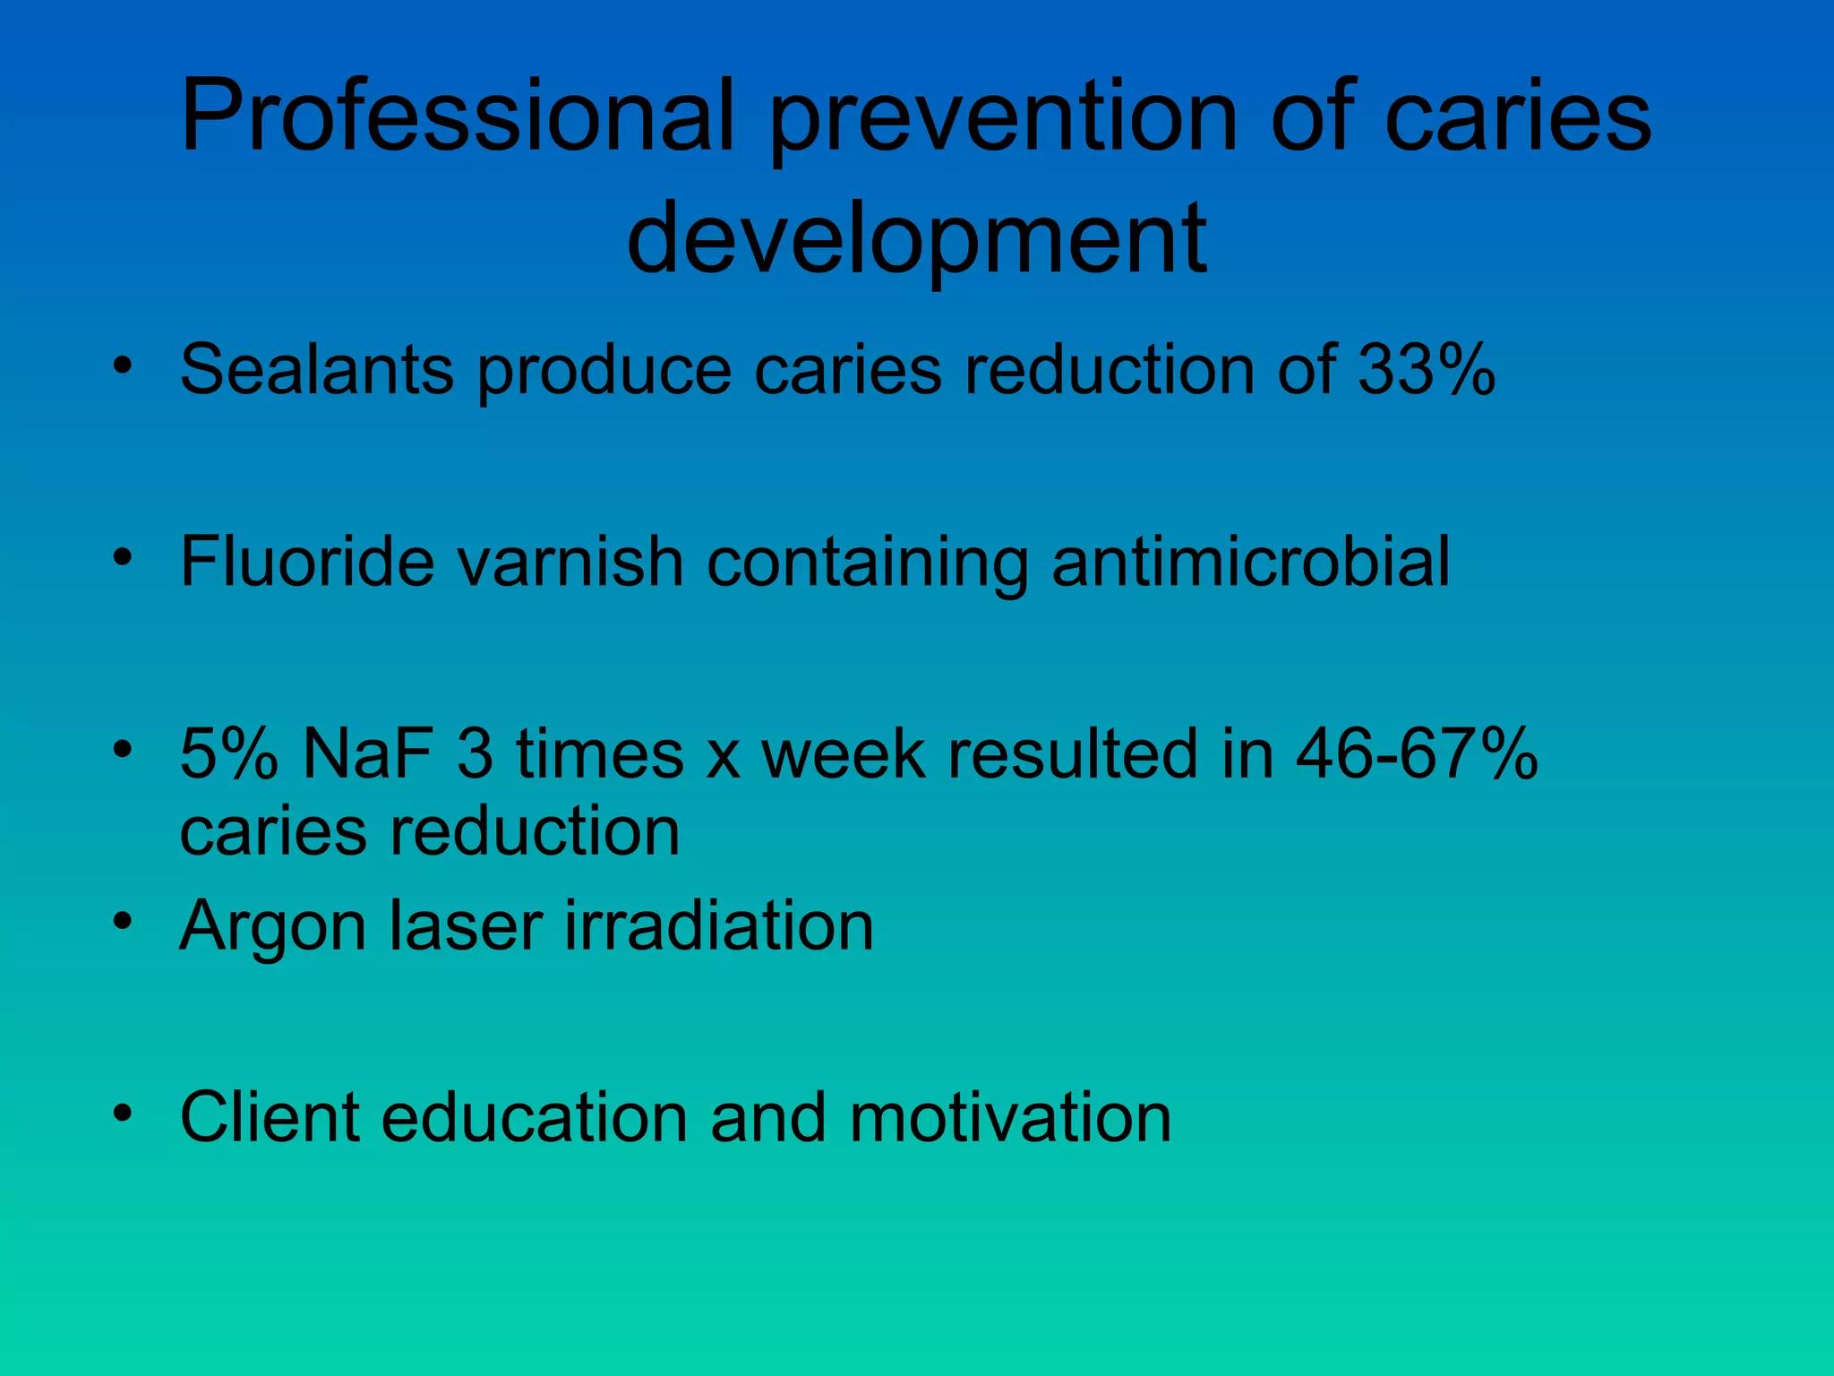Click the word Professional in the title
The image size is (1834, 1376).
(x=458, y=116)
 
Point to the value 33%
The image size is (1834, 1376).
(x=1427, y=368)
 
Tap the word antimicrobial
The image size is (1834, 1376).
(x=1250, y=561)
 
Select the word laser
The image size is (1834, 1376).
(x=465, y=924)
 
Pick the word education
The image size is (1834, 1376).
(x=535, y=1117)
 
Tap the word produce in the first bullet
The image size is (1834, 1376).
(x=604, y=370)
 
